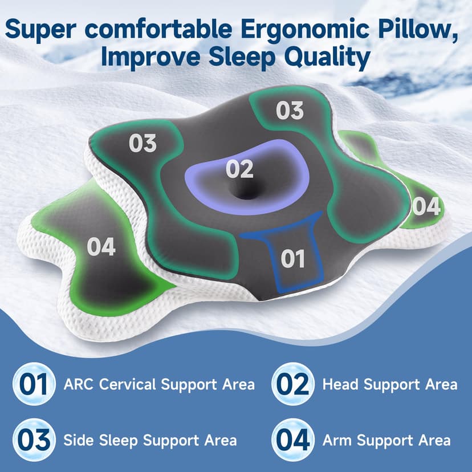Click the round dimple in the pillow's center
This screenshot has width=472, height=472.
(x=249, y=193)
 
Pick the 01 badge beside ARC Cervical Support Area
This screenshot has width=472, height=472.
(x=34, y=384)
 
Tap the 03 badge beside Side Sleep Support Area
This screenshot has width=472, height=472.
(x=34, y=440)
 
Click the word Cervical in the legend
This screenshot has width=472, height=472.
(x=128, y=384)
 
